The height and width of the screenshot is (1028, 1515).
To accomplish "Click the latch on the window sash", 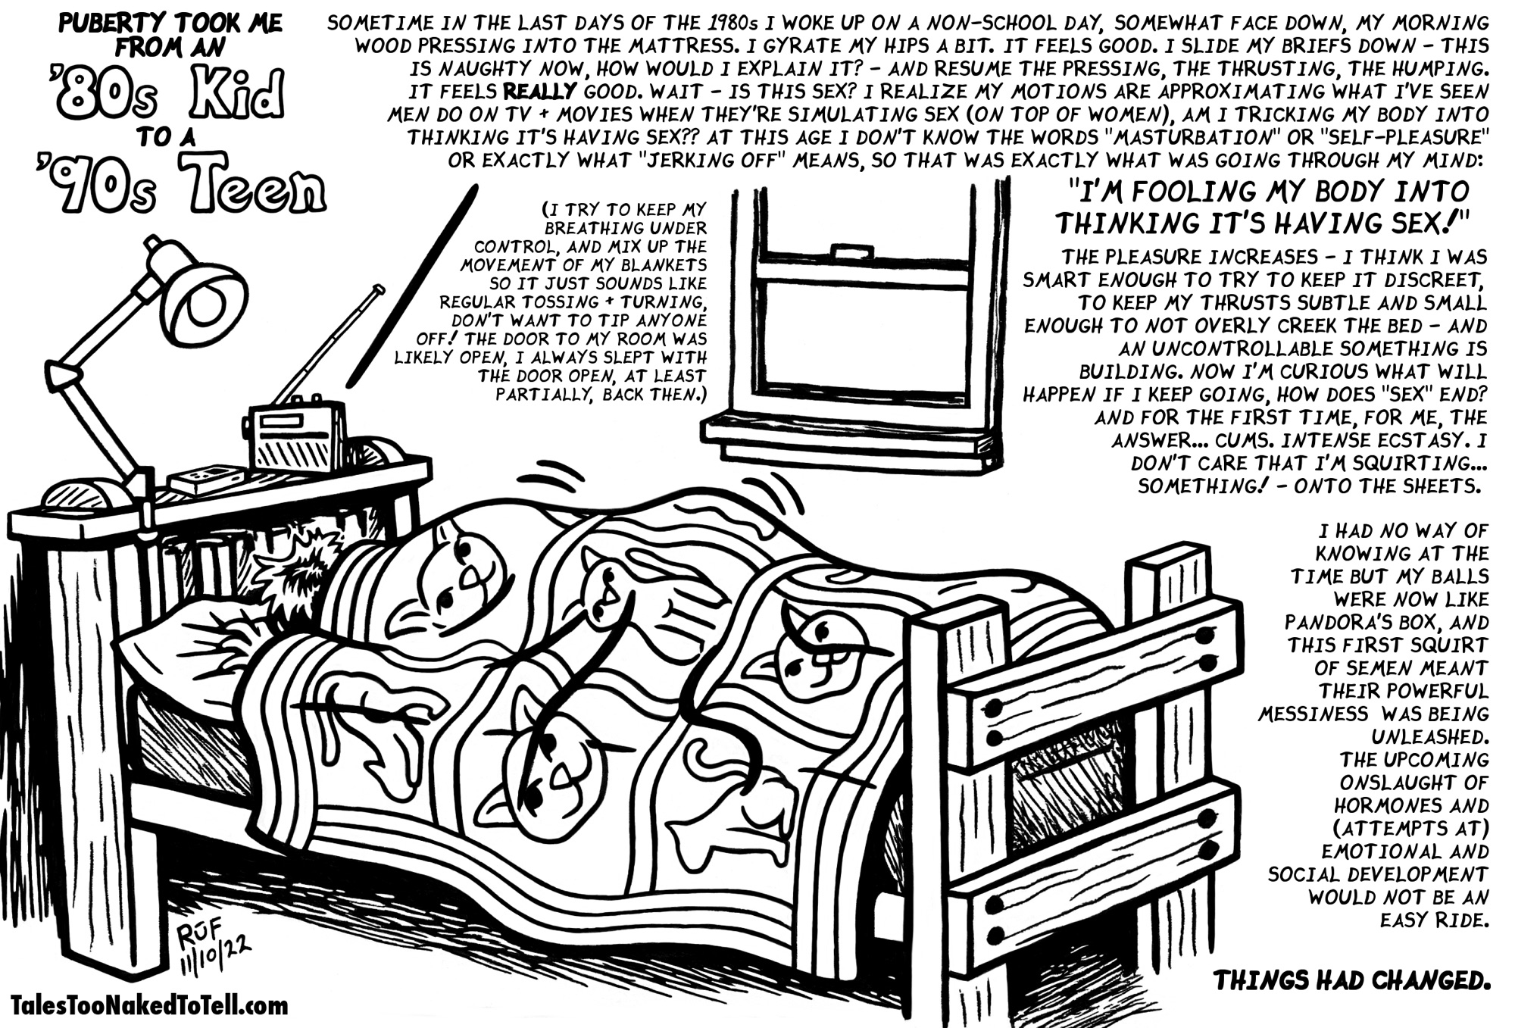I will (x=852, y=252).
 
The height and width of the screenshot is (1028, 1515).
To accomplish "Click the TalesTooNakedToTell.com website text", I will (x=150, y=1006).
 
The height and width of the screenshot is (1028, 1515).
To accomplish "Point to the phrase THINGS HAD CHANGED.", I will (x=1351, y=980).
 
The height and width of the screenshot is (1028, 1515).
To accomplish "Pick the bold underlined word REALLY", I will (x=540, y=92).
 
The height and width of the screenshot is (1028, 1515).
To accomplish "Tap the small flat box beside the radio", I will (x=206, y=478).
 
